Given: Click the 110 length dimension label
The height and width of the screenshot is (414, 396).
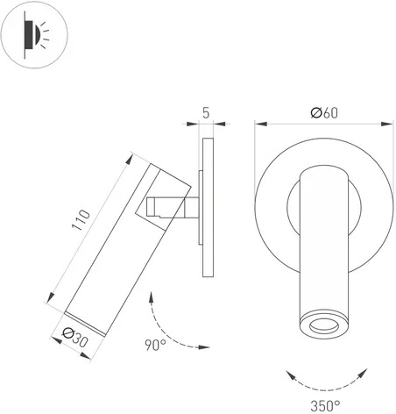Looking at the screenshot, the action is click(x=81, y=220).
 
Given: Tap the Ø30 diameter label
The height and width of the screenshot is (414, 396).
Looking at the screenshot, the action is click(x=75, y=337).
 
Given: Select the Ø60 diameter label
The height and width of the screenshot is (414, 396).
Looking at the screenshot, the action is click(x=324, y=113).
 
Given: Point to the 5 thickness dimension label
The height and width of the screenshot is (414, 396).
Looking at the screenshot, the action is click(x=206, y=113).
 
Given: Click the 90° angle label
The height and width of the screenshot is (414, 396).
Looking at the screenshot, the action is click(x=155, y=345).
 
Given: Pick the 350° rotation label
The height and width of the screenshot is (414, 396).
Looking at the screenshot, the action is click(x=325, y=406).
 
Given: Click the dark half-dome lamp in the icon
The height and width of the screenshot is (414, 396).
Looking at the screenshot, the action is click(x=38, y=34).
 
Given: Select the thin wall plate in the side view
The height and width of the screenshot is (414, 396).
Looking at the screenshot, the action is click(x=208, y=207).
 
